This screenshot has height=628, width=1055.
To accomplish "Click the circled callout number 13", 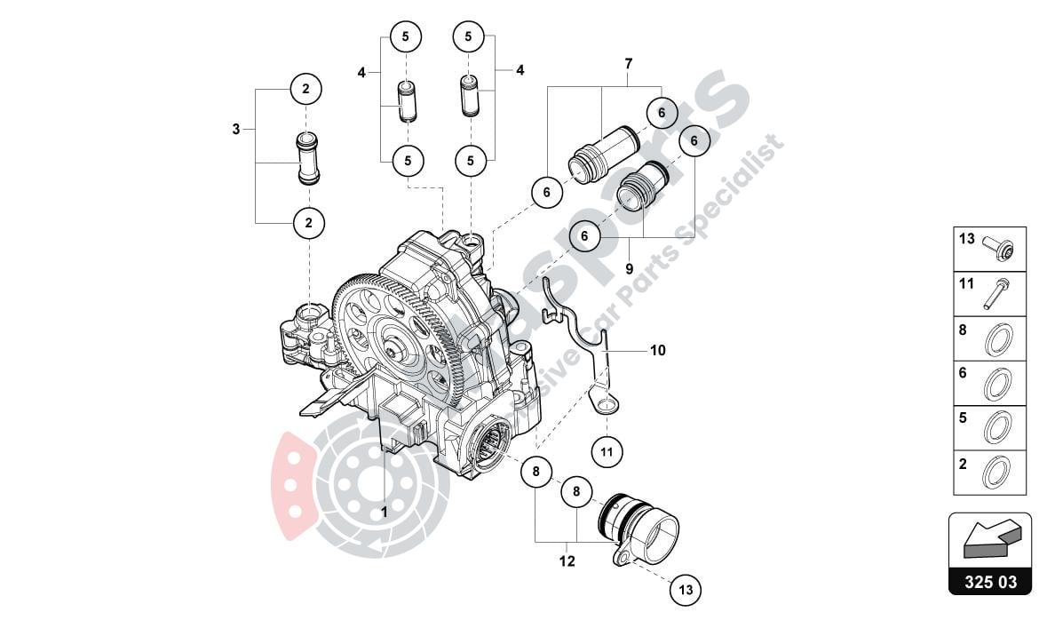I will (684, 589).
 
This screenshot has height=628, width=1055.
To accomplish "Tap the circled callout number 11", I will (607, 451).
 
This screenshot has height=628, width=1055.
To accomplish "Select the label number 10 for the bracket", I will (657, 351).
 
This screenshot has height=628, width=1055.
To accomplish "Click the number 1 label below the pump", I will (384, 513).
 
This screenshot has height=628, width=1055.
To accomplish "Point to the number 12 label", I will (567, 561).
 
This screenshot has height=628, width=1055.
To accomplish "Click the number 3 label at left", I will (236, 130).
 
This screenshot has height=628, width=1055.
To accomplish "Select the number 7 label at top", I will (628, 64).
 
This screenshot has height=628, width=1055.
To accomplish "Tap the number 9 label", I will (628, 267).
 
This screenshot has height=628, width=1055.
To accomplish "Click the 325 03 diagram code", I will (990, 583).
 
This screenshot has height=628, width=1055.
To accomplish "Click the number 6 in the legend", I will (962, 374).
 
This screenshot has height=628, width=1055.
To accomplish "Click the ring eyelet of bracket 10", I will (607, 406).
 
